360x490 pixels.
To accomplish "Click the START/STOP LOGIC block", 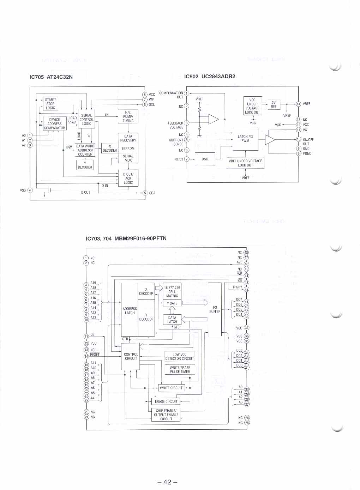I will pos(50,104).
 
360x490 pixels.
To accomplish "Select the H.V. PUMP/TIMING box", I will pos(128,116).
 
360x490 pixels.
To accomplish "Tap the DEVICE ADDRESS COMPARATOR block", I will pos(54,124).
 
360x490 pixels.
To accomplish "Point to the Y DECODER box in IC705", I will pos(85,165).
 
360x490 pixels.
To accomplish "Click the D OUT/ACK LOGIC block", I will pos(128,178).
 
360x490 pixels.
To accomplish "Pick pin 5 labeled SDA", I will pos(145,193).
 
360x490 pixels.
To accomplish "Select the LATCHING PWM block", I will pos(245,139).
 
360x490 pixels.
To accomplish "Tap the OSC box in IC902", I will pos(205,159).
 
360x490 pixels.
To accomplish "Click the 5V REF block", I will pos(274,104).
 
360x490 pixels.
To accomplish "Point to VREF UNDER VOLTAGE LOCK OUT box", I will pos(245,163).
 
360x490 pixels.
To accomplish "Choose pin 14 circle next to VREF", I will pos(299,104).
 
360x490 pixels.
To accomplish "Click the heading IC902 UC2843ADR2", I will pos(210,76).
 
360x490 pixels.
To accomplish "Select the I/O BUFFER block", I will pos(215,309).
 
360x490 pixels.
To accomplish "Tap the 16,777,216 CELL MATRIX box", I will pos(172,292).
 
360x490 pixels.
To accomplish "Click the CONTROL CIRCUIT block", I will pos(131,356).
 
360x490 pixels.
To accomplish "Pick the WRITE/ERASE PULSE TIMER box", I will pos(180,369).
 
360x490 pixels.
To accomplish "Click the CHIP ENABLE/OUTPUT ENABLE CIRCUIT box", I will pos(166,415).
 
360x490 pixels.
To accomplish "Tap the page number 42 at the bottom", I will pos(167,482).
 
